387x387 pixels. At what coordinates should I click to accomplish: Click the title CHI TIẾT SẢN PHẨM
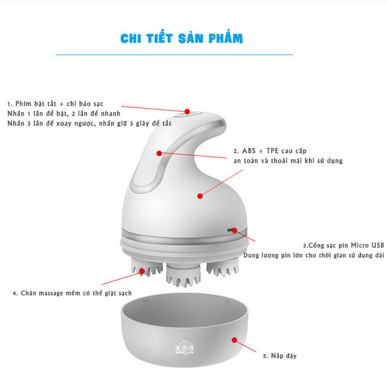(x=181, y=39)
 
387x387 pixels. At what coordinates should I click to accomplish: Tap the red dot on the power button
(x=188, y=112)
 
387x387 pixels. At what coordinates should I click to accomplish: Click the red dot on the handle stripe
(x=159, y=153)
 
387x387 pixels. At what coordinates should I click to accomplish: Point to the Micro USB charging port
(x=232, y=230)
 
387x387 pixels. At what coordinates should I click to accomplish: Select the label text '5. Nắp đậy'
(x=279, y=356)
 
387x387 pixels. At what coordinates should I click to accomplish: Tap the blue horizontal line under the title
(x=175, y=55)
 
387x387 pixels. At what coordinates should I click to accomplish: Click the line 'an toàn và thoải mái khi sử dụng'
(x=288, y=161)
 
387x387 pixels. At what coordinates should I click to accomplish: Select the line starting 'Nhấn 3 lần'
(x=89, y=124)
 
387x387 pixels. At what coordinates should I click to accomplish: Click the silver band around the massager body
(x=183, y=237)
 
